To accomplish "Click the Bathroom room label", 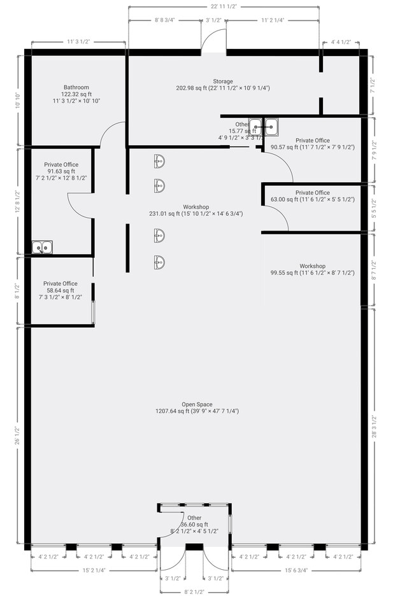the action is pyautogui.click(x=76, y=87).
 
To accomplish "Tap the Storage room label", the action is pyautogui.click(x=223, y=81).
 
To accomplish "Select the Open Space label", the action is pyautogui.click(x=197, y=404).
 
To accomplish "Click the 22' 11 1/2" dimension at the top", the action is pyautogui.click(x=224, y=6).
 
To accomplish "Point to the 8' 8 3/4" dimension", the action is pyautogui.click(x=165, y=20).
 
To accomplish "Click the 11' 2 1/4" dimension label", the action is pyautogui.click(x=273, y=20).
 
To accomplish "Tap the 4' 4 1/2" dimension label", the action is pyautogui.click(x=341, y=42).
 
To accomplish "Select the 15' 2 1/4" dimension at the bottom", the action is pyautogui.click(x=94, y=570).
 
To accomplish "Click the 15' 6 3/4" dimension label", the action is pyautogui.click(x=296, y=570).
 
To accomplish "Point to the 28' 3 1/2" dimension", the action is pyautogui.click(x=374, y=427).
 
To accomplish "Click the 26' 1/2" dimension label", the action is pyautogui.click(x=17, y=436).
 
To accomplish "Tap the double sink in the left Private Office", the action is pyautogui.click(x=42, y=247).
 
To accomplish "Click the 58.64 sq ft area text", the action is pyautogui.click(x=61, y=290).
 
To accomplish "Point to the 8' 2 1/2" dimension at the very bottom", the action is pyautogui.click(x=194, y=592).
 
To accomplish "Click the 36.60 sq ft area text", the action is pyautogui.click(x=194, y=525).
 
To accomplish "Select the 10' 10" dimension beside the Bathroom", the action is pyautogui.click(x=17, y=101).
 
